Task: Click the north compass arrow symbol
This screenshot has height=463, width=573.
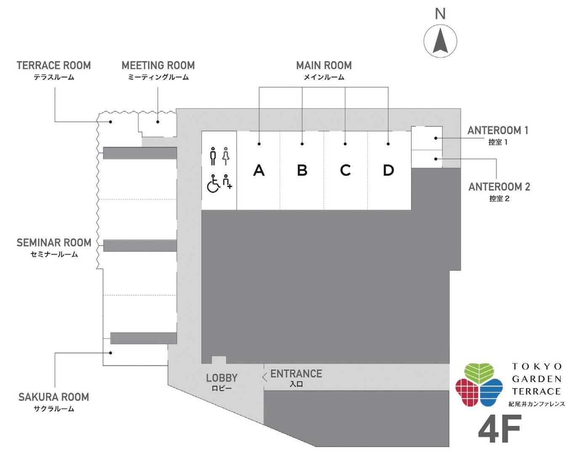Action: point(440,41)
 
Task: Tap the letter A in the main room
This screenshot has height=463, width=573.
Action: point(259,170)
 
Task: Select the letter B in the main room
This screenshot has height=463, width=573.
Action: point(302,170)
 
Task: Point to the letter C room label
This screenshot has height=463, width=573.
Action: point(345,170)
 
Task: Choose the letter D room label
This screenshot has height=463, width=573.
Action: point(388,170)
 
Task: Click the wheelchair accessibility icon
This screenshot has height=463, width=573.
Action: point(213,184)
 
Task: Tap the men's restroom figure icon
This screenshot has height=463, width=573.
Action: point(213,156)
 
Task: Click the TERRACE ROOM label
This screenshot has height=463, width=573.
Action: point(54,66)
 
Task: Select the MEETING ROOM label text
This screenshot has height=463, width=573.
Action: point(158,66)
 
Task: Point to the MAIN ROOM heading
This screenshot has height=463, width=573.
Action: point(324,66)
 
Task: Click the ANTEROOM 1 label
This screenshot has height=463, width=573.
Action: point(498,131)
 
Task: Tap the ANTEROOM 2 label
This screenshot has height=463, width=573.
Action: point(499,187)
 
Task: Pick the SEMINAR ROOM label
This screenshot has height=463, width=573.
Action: point(54,243)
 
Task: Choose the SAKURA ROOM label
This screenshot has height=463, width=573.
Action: point(54,397)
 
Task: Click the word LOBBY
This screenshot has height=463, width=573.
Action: point(222,378)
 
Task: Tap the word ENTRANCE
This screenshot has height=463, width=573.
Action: point(296,374)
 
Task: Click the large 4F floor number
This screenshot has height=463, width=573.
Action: point(499,429)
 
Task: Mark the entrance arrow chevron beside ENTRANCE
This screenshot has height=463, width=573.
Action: point(264,377)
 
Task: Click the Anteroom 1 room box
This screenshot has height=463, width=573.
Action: point(426,138)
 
